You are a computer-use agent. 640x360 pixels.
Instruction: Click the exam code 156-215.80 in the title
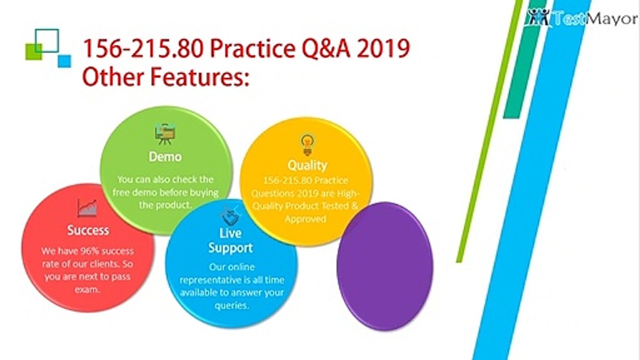(143, 48)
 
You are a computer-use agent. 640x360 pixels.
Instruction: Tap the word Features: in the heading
(199, 77)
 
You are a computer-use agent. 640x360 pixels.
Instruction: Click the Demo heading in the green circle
(165, 157)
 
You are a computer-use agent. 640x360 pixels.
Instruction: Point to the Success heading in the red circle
(88, 230)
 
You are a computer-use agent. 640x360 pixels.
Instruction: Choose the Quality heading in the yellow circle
(307, 165)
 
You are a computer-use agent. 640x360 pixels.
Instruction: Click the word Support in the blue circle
(230, 248)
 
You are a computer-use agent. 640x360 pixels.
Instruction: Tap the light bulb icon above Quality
(307, 145)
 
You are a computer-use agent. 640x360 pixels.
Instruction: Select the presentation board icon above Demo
(165, 133)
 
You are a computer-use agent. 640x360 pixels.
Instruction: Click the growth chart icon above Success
(87, 208)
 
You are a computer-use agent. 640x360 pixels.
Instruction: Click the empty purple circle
(385, 266)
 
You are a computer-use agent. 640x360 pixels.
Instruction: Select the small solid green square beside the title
(33, 52)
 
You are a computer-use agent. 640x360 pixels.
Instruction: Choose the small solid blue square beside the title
(64, 61)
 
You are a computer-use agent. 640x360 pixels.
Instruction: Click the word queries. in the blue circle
(231, 305)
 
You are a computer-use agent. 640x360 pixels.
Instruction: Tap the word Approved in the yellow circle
(305, 219)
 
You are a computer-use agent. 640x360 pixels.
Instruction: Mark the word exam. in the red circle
(87, 289)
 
